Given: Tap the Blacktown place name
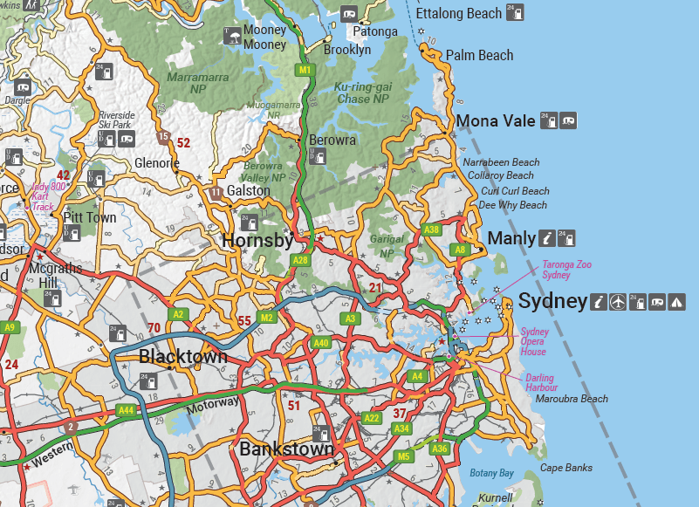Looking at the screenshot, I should (183, 356).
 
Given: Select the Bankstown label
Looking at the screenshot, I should (286, 450).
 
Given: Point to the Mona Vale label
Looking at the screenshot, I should (496, 121).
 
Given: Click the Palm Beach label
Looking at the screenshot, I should (479, 55).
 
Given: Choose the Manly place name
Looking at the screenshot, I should (511, 238).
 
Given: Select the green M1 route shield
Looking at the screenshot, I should (305, 70).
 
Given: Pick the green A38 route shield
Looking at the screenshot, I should (431, 230).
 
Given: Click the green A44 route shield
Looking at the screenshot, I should (127, 409).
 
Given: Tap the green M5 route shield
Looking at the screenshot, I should (403, 456).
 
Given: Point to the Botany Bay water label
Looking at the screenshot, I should (491, 473).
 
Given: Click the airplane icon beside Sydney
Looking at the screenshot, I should (619, 302).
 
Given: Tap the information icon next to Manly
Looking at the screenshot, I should (545, 237).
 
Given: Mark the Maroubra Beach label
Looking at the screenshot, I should (572, 399).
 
